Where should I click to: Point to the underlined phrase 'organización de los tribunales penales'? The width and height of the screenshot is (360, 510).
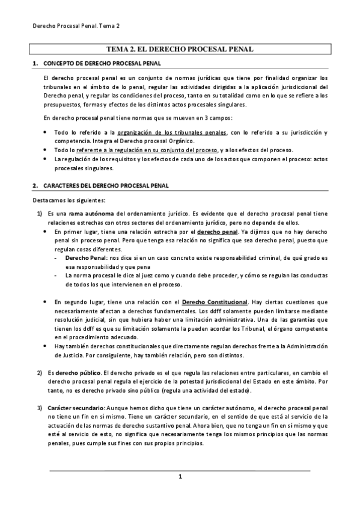pos(172,132)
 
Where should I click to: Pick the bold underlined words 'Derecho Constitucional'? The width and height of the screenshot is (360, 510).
pos(215,301)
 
